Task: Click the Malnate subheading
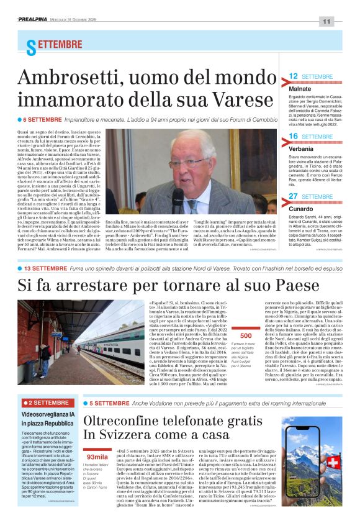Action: tap(300, 89)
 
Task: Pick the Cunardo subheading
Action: tap(301, 210)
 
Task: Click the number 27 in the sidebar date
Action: tap(294, 196)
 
